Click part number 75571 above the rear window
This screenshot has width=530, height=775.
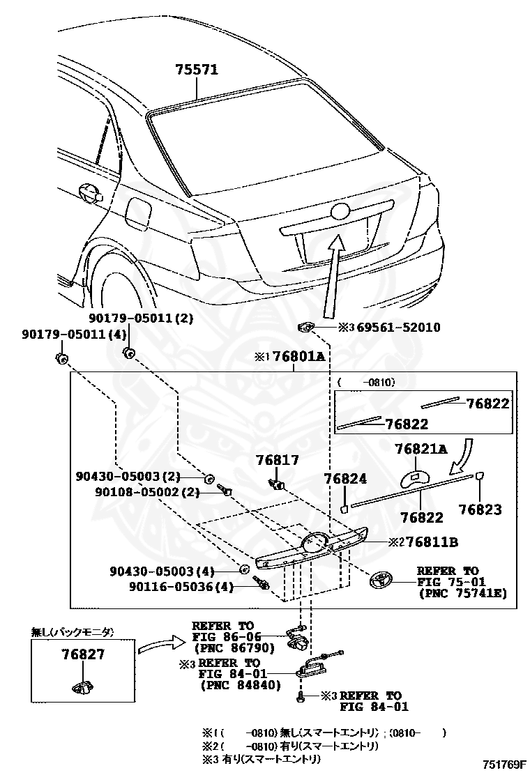point(197,70)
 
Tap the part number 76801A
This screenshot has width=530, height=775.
point(298,357)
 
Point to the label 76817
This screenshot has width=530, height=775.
point(277,460)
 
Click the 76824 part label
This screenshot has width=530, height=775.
point(344,479)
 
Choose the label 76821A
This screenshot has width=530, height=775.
point(421,449)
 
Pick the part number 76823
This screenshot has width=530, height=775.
point(480,509)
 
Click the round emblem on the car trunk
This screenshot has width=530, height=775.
point(342,213)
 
